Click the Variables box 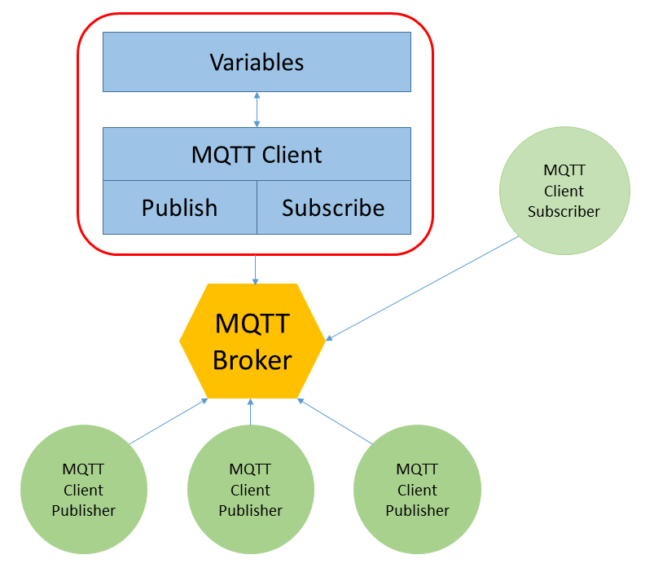click(x=257, y=62)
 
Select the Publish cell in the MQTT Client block click(x=179, y=208)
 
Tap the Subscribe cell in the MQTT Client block click(x=333, y=208)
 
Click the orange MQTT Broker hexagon click(x=252, y=341)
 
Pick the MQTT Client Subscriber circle click(x=564, y=191)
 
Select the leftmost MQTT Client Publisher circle click(x=84, y=490)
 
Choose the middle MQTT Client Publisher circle click(x=251, y=490)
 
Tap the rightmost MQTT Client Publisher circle click(x=417, y=490)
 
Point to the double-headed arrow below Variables click(x=257, y=109)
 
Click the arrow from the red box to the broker click(x=256, y=270)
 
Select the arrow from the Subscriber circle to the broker click(x=423, y=288)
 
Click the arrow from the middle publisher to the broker click(x=251, y=412)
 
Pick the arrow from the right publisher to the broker click(x=335, y=420)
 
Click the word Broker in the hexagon click(x=252, y=359)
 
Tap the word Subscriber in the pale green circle click(x=564, y=211)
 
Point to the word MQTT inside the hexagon click(x=252, y=324)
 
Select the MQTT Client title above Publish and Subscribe click(x=257, y=155)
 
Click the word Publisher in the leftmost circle click(x=84, y=511)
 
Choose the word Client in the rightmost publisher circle click(x=417, y=490)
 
